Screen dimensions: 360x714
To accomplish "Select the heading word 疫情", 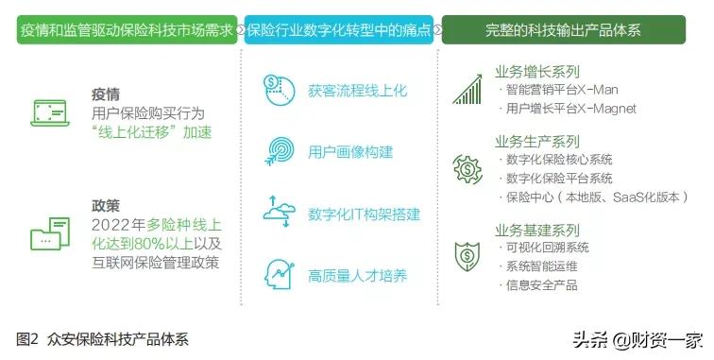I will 106,95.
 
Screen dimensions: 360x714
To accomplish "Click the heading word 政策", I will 106,204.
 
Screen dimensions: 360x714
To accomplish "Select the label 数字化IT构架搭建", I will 364,214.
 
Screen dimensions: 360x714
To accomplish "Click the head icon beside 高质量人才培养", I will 280,274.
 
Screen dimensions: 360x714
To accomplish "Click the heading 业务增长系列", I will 536,72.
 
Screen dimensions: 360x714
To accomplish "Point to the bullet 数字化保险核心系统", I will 559,159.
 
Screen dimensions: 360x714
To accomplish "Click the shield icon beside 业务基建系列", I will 467,255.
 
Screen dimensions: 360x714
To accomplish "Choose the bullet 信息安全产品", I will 542,284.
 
